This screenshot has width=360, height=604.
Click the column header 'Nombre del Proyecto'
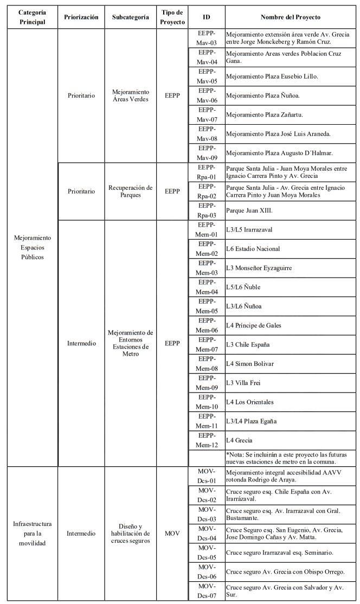point(290,17)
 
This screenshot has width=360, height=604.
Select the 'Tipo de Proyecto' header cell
point(173,17)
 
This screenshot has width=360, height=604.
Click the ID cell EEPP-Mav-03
point(207,38)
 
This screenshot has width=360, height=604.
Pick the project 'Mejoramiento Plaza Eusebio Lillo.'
point(272,76)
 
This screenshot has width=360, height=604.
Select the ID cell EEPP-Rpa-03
point(207,210)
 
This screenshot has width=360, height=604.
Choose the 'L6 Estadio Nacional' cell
point(253,249)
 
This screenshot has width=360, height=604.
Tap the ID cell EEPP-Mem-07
point(207,344)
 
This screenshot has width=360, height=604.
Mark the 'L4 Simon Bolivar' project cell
point(250,363)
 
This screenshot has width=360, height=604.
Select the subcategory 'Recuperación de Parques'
point(131,191)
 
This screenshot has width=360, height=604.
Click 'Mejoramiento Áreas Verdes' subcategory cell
point(131,95)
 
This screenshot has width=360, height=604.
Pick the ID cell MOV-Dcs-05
point(207,552)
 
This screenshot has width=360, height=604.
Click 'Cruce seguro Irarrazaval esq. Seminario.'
point(279,552)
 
